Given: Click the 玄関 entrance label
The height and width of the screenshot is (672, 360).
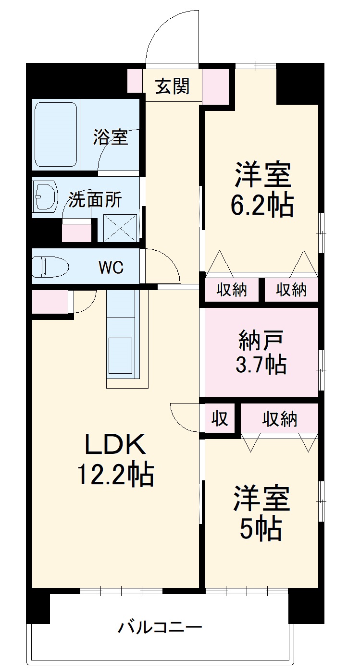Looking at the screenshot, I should tap(172, 86).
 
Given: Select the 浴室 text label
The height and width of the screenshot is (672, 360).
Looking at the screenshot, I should tap(111, 137).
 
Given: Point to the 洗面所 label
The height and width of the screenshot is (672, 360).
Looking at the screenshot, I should tap(95, 199).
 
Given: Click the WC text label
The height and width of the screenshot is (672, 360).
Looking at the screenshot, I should tap(111, 268).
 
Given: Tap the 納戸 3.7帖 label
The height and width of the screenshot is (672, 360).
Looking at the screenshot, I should tap(261, 353).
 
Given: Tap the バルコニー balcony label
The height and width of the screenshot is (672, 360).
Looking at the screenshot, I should tap(161, 627).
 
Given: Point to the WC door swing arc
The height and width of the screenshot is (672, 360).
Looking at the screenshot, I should tap(166, 264).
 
